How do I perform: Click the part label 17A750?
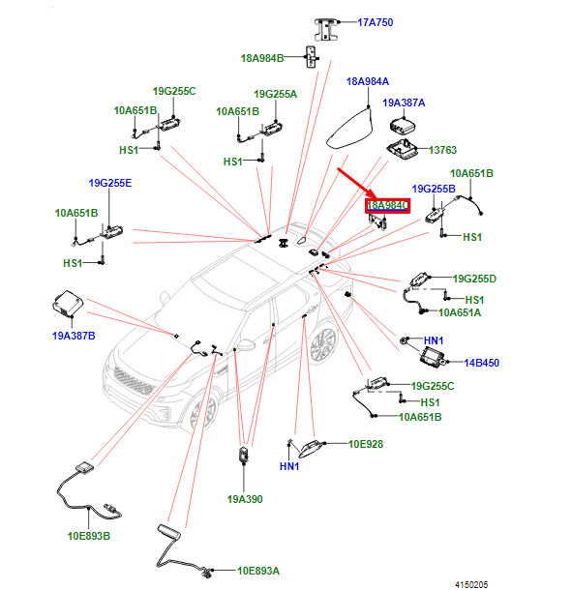click(376, 22)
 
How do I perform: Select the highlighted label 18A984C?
click(387, 205)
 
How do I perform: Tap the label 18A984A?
click(368, 81)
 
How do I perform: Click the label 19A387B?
click(74, 336)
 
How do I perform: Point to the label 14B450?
click(482, 363)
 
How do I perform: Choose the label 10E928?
click(366, 444)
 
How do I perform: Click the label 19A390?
click(245, 499)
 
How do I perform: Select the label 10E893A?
click(258, 571)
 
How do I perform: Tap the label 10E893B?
click(89, 536)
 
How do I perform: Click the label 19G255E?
click(110, 183)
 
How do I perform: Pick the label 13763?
click(443, 150)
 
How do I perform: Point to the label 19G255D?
click(474, 279)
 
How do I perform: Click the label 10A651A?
click(460, 312)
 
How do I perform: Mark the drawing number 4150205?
click(471, 584)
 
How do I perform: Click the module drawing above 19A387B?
click(68, 303)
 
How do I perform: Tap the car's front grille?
click(134, 381)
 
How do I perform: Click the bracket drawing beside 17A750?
click(326, 29)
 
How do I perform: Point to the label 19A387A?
click(404, 103)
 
